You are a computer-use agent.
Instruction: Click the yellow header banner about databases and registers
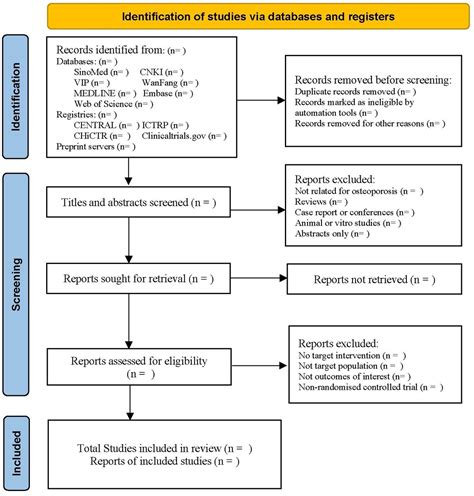(x=242, y=17)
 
